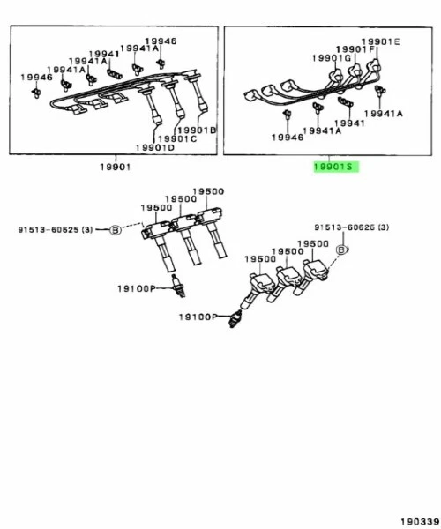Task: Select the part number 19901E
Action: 380,41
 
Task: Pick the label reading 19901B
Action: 200,130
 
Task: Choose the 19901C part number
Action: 177,138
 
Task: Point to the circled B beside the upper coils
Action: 113,230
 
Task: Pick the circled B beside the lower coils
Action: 341,251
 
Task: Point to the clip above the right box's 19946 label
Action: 287,114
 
